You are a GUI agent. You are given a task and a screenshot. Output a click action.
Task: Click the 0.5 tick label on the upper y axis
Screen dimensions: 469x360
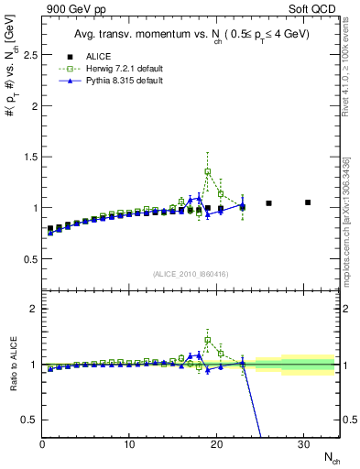(28, 259)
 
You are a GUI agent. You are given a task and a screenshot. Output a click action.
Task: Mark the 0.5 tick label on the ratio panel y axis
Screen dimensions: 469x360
(28, 420)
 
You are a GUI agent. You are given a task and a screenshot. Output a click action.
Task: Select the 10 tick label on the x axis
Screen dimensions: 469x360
(129, 444)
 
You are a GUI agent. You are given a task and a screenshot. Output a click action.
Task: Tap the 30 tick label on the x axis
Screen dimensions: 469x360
(303, 444)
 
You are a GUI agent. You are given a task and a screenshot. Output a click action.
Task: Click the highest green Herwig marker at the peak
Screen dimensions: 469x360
(208, 171)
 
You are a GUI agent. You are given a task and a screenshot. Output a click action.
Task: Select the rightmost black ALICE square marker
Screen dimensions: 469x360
(308, 202)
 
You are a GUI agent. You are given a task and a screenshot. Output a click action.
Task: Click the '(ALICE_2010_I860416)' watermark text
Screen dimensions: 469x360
(191, 274)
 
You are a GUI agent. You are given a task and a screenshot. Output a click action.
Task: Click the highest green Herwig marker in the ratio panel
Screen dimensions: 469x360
(208, 340)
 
